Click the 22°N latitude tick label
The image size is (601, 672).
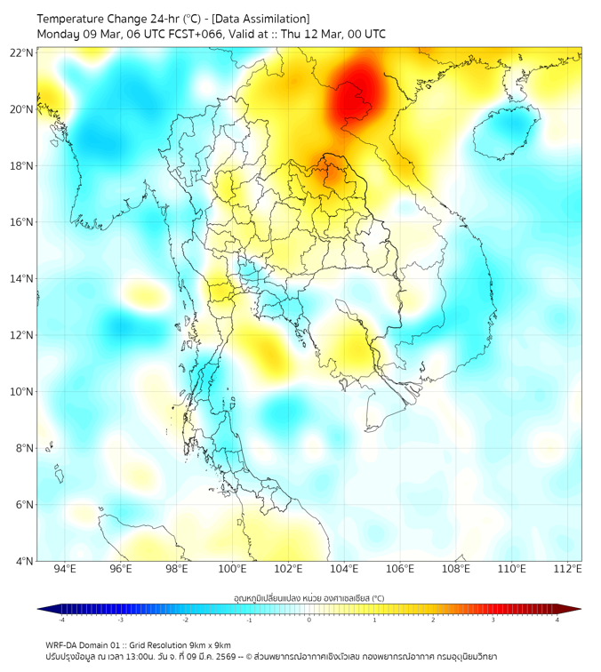[22, 52]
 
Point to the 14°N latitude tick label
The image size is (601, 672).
[22, 279]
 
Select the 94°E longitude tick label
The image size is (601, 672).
[65, 569]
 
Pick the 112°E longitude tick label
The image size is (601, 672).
[567, 569]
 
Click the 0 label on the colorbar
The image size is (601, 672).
[309, 620]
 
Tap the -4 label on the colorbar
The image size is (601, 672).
[60, 620]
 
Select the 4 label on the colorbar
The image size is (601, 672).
[557, 620]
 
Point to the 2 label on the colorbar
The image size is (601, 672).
[434, 620]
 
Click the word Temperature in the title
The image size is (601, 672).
[75, 19]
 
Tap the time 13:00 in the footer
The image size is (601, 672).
[136, 656]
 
